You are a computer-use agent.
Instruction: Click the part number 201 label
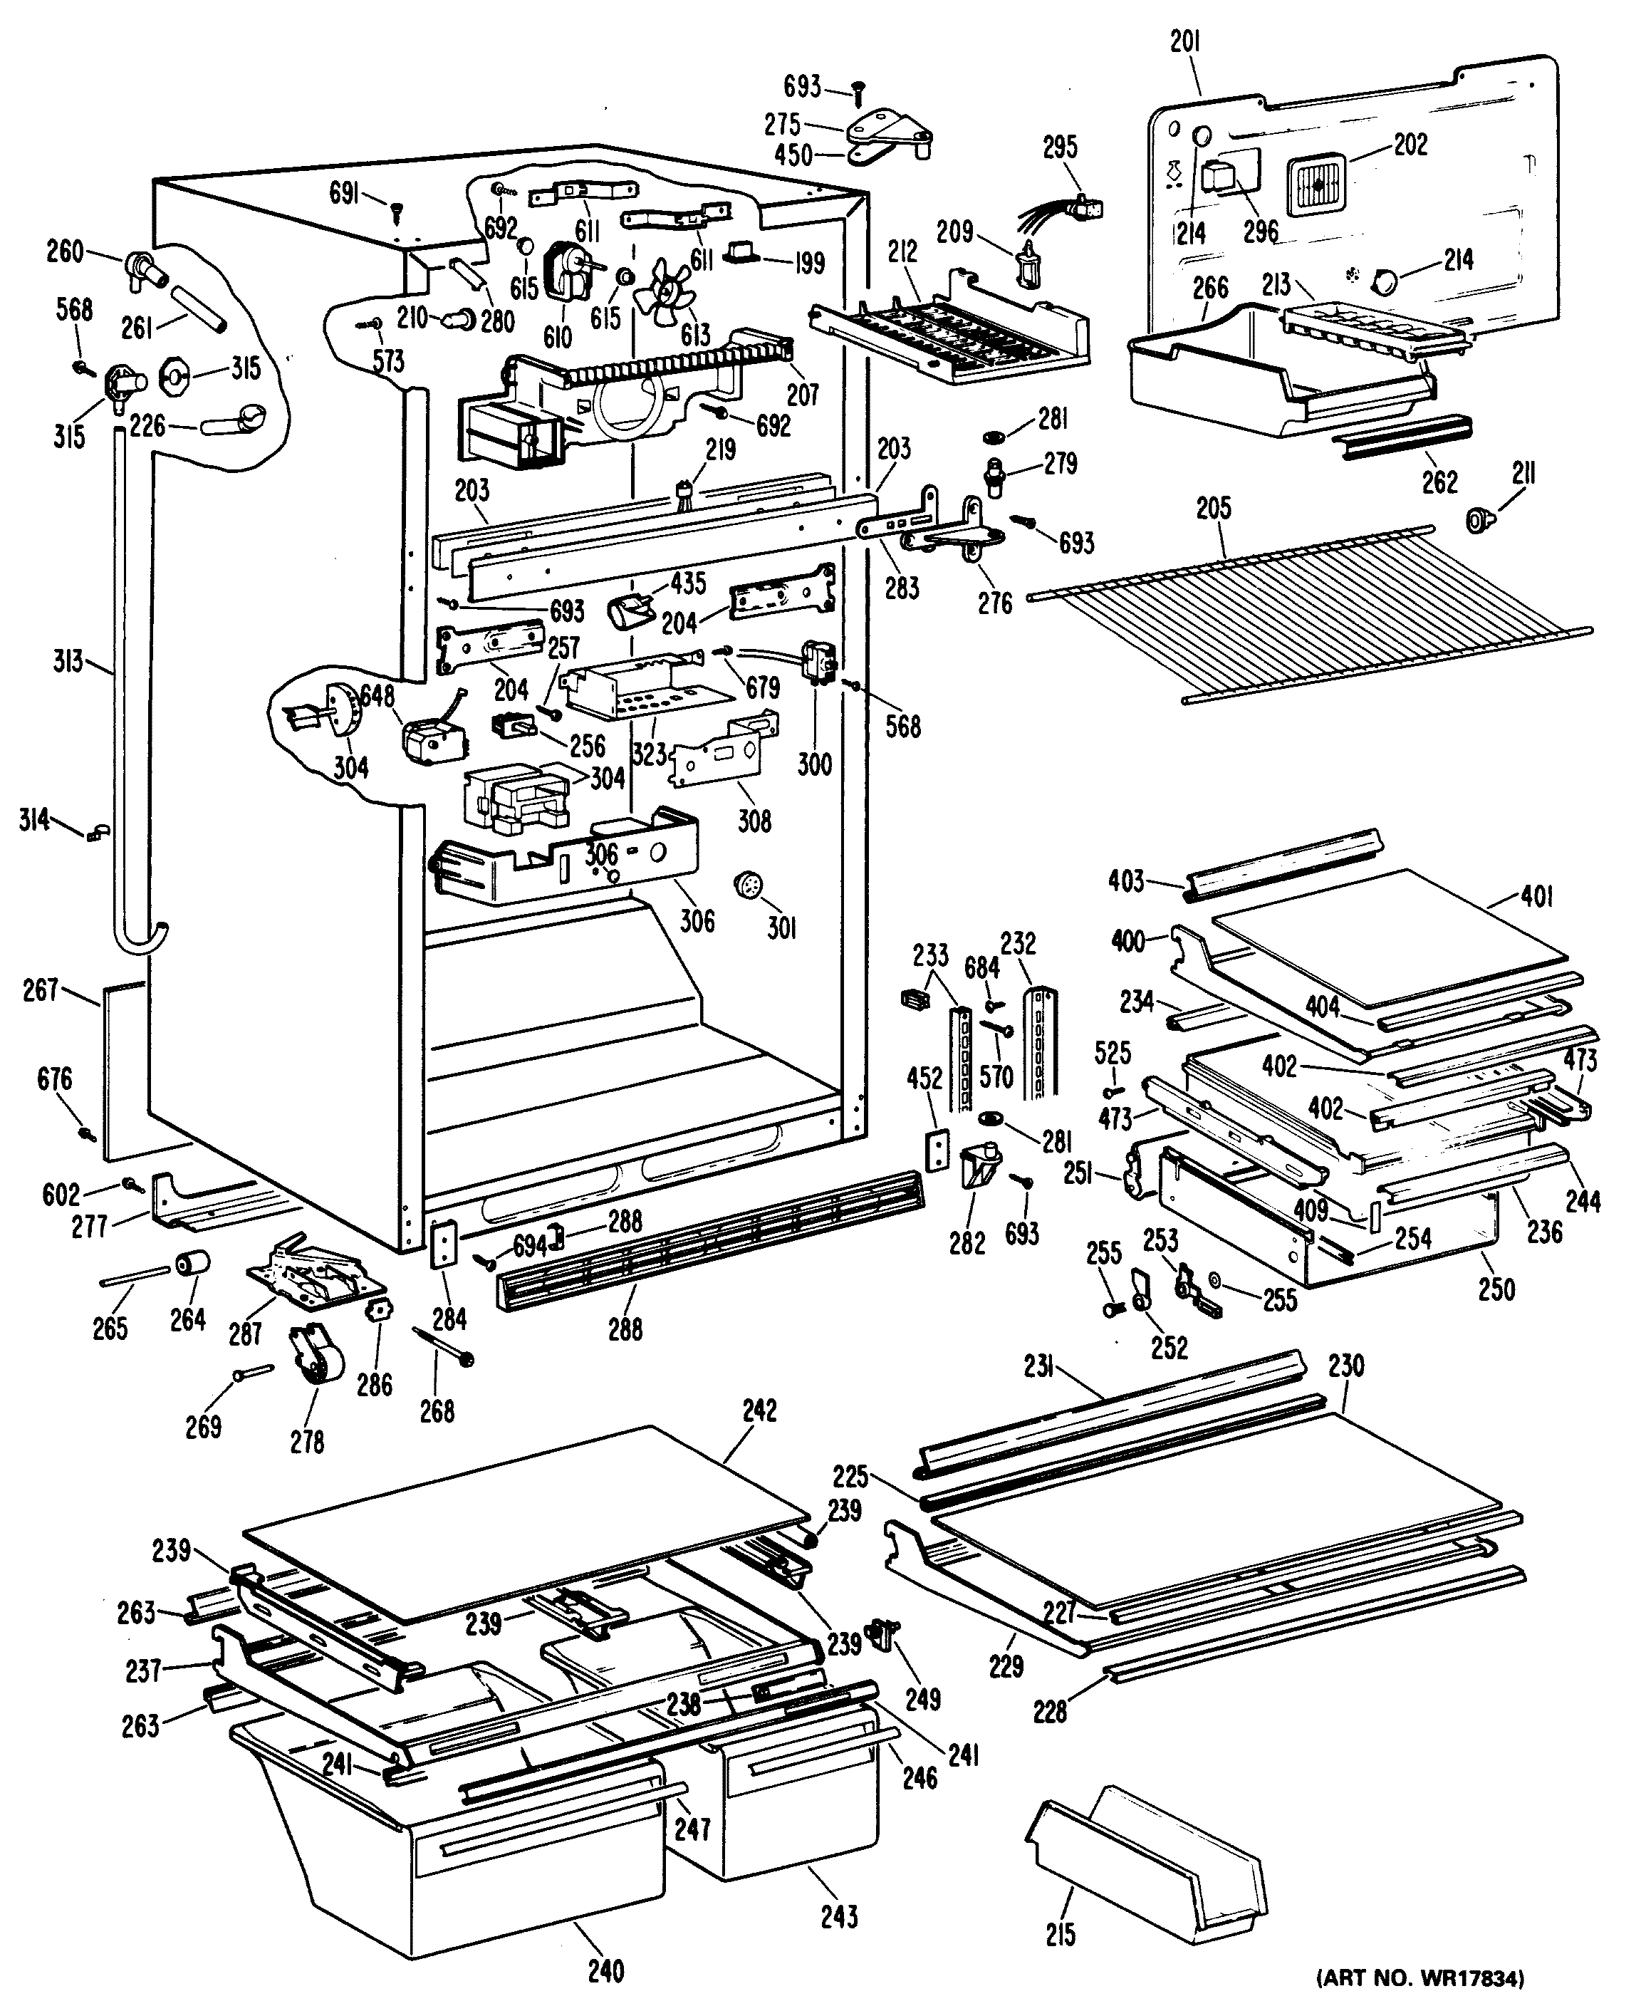tap(1184, 43)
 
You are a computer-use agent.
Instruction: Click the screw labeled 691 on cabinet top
tap(395, 207)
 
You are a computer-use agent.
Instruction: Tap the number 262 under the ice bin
tap(1439, 482)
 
